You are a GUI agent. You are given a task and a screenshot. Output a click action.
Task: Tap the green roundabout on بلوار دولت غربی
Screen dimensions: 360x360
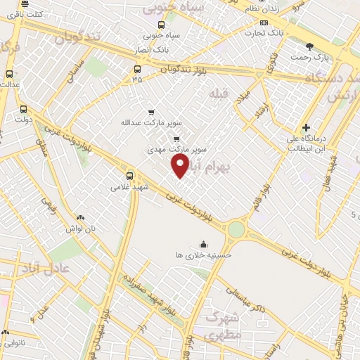pyautogui.click(x=236, y=229)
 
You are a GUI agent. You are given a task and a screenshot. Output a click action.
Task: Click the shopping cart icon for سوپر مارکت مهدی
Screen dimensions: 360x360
pyautogui.click(x=176, y=139)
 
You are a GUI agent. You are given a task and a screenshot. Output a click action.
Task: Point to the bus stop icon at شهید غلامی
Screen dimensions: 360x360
pyautogui.click(x=129, y=176)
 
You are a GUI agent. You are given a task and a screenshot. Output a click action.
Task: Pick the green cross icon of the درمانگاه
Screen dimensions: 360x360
pyautogui.click(x=305, y=128)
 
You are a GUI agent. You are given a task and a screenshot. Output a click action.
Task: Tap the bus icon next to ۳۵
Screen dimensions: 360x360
pyautogui.click(x=137, y=69)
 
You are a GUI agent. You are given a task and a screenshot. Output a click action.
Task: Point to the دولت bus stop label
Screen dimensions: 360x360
pyautogui.click(x=25, y=120)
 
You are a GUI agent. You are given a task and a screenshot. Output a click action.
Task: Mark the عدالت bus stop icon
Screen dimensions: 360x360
pyautogui.click(x=9, y=74)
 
